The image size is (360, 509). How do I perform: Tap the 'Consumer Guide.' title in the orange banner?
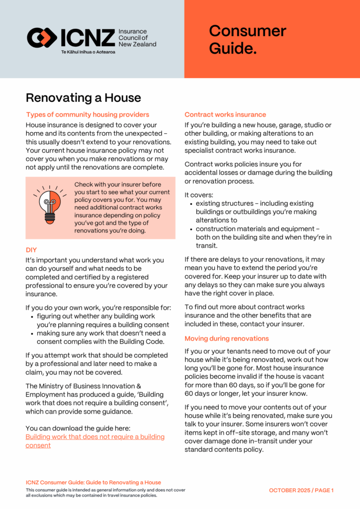(247, 40)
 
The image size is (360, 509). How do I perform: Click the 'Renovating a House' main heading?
(84, 97)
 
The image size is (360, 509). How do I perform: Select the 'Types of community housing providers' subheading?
(88, 115)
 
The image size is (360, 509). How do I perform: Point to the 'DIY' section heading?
(31, 250)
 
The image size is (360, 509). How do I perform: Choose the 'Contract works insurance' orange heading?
(225, 114)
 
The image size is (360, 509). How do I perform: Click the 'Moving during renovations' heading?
(227, 339)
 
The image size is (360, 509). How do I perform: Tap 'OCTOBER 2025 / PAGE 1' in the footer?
(301, 490)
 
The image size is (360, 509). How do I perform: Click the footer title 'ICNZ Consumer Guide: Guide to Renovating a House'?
(93, 482)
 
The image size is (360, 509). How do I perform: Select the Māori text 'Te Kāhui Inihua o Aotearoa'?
(88, 51)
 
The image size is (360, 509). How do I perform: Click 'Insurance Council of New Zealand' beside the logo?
(137, 38)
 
